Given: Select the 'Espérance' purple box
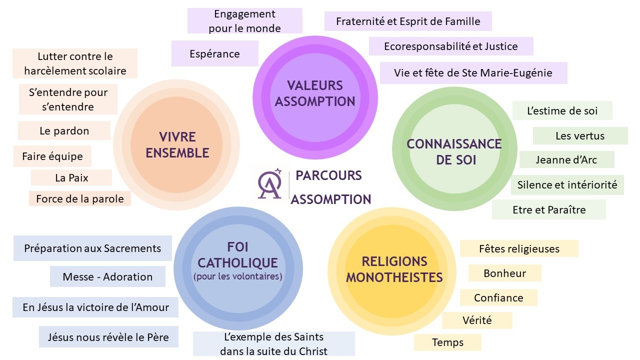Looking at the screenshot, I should pos(215,53).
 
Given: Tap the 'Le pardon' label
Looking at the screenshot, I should pos(64,131).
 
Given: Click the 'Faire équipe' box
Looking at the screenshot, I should pos(52,156).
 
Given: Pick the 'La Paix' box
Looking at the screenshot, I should pos(71,177).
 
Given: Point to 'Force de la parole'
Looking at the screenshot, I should pos(80,198).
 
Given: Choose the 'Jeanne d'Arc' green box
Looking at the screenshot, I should pos(566,160).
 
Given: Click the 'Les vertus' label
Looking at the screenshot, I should pos(580,135).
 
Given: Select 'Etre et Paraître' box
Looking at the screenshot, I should pos(549,210).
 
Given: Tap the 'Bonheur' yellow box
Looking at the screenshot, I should pos(504,273).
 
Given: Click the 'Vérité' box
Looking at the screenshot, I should pos(477,320).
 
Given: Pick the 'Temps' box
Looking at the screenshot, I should pos(447,342).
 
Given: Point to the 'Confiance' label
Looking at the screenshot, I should pos(498,297).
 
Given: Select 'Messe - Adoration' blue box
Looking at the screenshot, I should pos(107,276).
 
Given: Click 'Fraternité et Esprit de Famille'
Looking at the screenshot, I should pos(408,21).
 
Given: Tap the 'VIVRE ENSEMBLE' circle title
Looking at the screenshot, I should pos(177,145).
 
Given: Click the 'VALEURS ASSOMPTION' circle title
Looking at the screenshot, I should pos(315,93).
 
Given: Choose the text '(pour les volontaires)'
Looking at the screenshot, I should pos(237,276).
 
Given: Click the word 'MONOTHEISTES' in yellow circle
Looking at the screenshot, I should pos(394,277).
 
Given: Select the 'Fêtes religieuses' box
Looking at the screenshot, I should pos(519,248).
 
